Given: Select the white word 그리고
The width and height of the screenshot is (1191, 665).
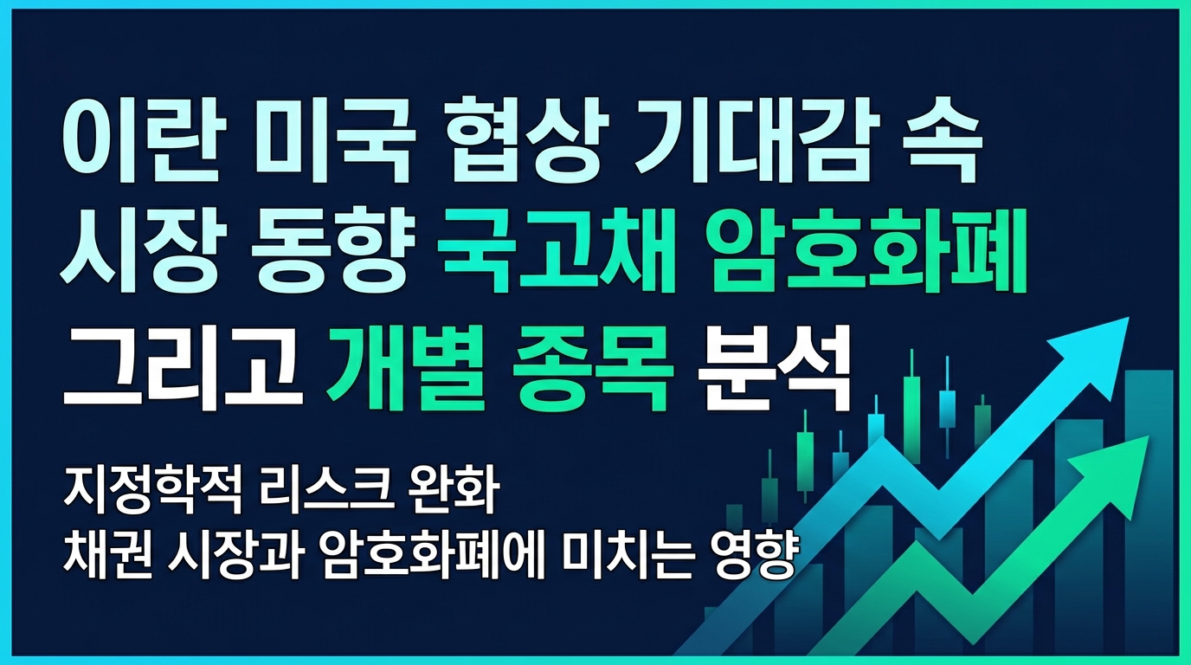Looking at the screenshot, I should (183, 373).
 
